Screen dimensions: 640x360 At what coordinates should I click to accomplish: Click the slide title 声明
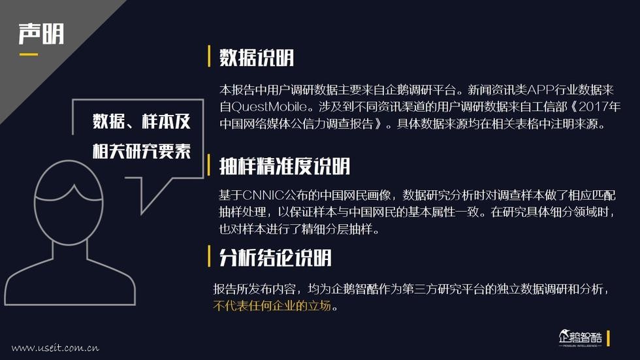(x=40, y=33)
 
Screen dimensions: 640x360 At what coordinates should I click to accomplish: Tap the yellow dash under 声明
(x=28, y=54)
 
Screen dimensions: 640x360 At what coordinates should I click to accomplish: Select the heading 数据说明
(x=257, y=57)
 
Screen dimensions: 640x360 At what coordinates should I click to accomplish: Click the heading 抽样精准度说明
(x=285, y=166)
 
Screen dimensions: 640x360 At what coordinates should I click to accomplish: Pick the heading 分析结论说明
(x=275, y=257)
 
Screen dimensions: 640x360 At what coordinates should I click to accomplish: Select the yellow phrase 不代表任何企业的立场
(x=272, y=306)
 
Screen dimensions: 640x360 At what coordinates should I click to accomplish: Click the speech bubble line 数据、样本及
(x=142, y=122)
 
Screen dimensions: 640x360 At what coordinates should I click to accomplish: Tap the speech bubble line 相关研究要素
(x=142, y=151)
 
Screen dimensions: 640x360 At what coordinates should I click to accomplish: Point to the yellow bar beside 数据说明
(x=209, y=57)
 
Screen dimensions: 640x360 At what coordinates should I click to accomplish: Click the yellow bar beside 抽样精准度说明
(x=209, y=166)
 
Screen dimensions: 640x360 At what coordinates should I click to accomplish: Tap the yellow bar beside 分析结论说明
(x=209, y=257)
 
